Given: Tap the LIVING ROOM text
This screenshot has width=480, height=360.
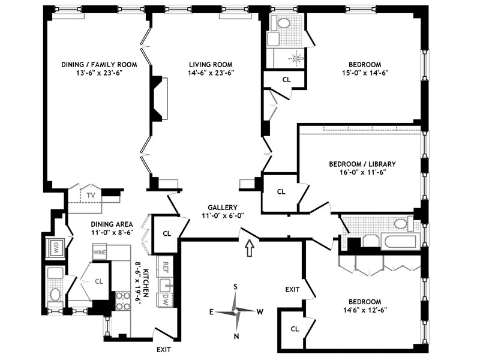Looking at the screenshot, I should coord(211,64).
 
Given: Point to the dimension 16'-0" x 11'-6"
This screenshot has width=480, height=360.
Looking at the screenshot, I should coord(362,173).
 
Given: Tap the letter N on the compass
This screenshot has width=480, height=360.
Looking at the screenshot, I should coord(236,335).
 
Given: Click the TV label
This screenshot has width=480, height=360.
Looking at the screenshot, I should coord(91,196).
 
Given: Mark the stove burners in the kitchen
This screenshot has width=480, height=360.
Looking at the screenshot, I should coord(122,301).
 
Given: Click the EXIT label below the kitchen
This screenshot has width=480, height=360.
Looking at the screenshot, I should coord(163,349).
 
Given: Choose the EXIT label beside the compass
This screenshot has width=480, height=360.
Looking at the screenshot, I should coord(292,290).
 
